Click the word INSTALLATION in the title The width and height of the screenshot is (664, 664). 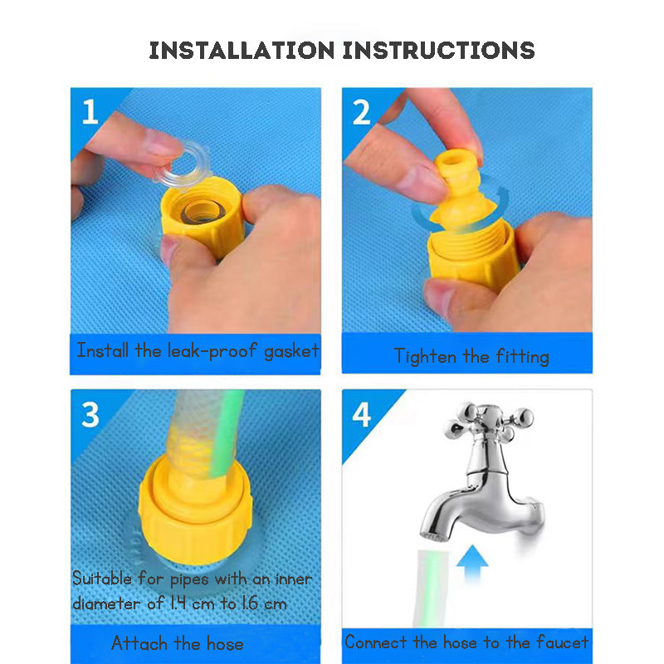click(x=242, y=51)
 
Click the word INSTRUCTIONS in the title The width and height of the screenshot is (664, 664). click(x=439, y=51)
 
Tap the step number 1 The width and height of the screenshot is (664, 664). click(x=90, y=112)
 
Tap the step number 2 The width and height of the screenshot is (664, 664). click(x=361, y=112)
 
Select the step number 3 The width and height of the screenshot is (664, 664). click(x=90, y=414)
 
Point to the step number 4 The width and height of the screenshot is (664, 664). click(x=361, y=414)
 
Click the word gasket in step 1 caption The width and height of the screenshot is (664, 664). click(x=291, y=351)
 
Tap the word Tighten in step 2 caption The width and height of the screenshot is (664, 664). click(x=425, y=356)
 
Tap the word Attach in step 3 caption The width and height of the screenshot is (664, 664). click(x=139, y=643)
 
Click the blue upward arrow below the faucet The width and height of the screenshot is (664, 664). click(x=472, y=564)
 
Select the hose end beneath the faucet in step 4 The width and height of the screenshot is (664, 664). click(x=431, y=588)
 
